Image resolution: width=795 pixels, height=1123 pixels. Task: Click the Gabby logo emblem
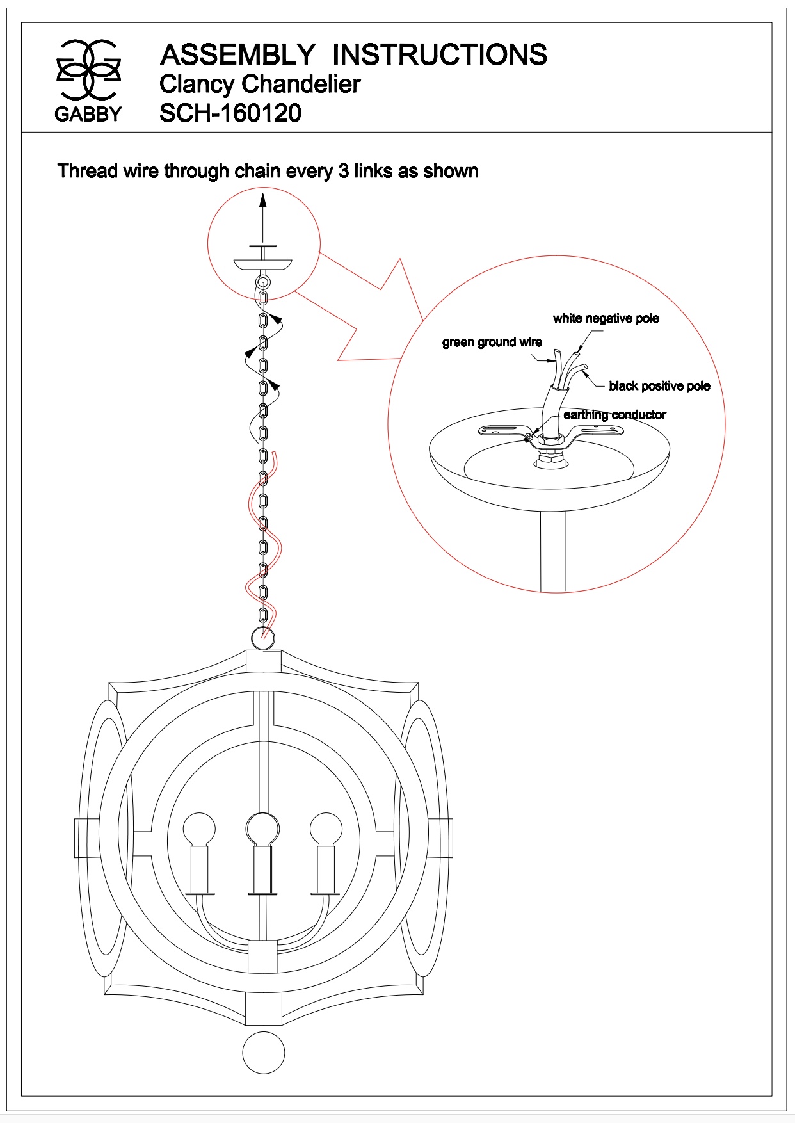[x=88, y=70]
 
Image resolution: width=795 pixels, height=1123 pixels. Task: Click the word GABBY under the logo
[x=88, y=114]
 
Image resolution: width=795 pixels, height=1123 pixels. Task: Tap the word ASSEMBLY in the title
[x=237, y=55]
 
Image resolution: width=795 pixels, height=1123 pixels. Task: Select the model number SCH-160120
[x=230, y=113]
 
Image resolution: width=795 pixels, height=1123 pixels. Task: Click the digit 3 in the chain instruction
[x=344, y=172]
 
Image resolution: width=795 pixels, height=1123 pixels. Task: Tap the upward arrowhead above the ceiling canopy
[x=262, y=200]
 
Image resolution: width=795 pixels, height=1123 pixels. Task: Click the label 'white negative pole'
[x=606, y=318]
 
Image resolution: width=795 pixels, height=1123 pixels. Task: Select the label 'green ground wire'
[x=492, y=343]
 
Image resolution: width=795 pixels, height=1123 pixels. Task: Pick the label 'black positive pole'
[x=659, y=385]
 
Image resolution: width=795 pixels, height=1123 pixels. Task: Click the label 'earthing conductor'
[x=614, y=415]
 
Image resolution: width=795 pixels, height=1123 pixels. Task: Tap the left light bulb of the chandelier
[x=198, y=828]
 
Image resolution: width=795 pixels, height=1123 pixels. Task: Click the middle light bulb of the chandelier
[x=262, y=828]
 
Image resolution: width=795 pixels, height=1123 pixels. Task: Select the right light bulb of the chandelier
[x=326, y=828]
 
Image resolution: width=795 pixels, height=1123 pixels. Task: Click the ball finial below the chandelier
[x=263, y=1052]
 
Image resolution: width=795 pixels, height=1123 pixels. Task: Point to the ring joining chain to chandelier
[x=262, y=638]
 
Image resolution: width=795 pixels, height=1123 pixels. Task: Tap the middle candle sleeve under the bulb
[x=262, y=869]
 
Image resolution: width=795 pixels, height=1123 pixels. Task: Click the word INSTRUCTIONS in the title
[x=440, y=55]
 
